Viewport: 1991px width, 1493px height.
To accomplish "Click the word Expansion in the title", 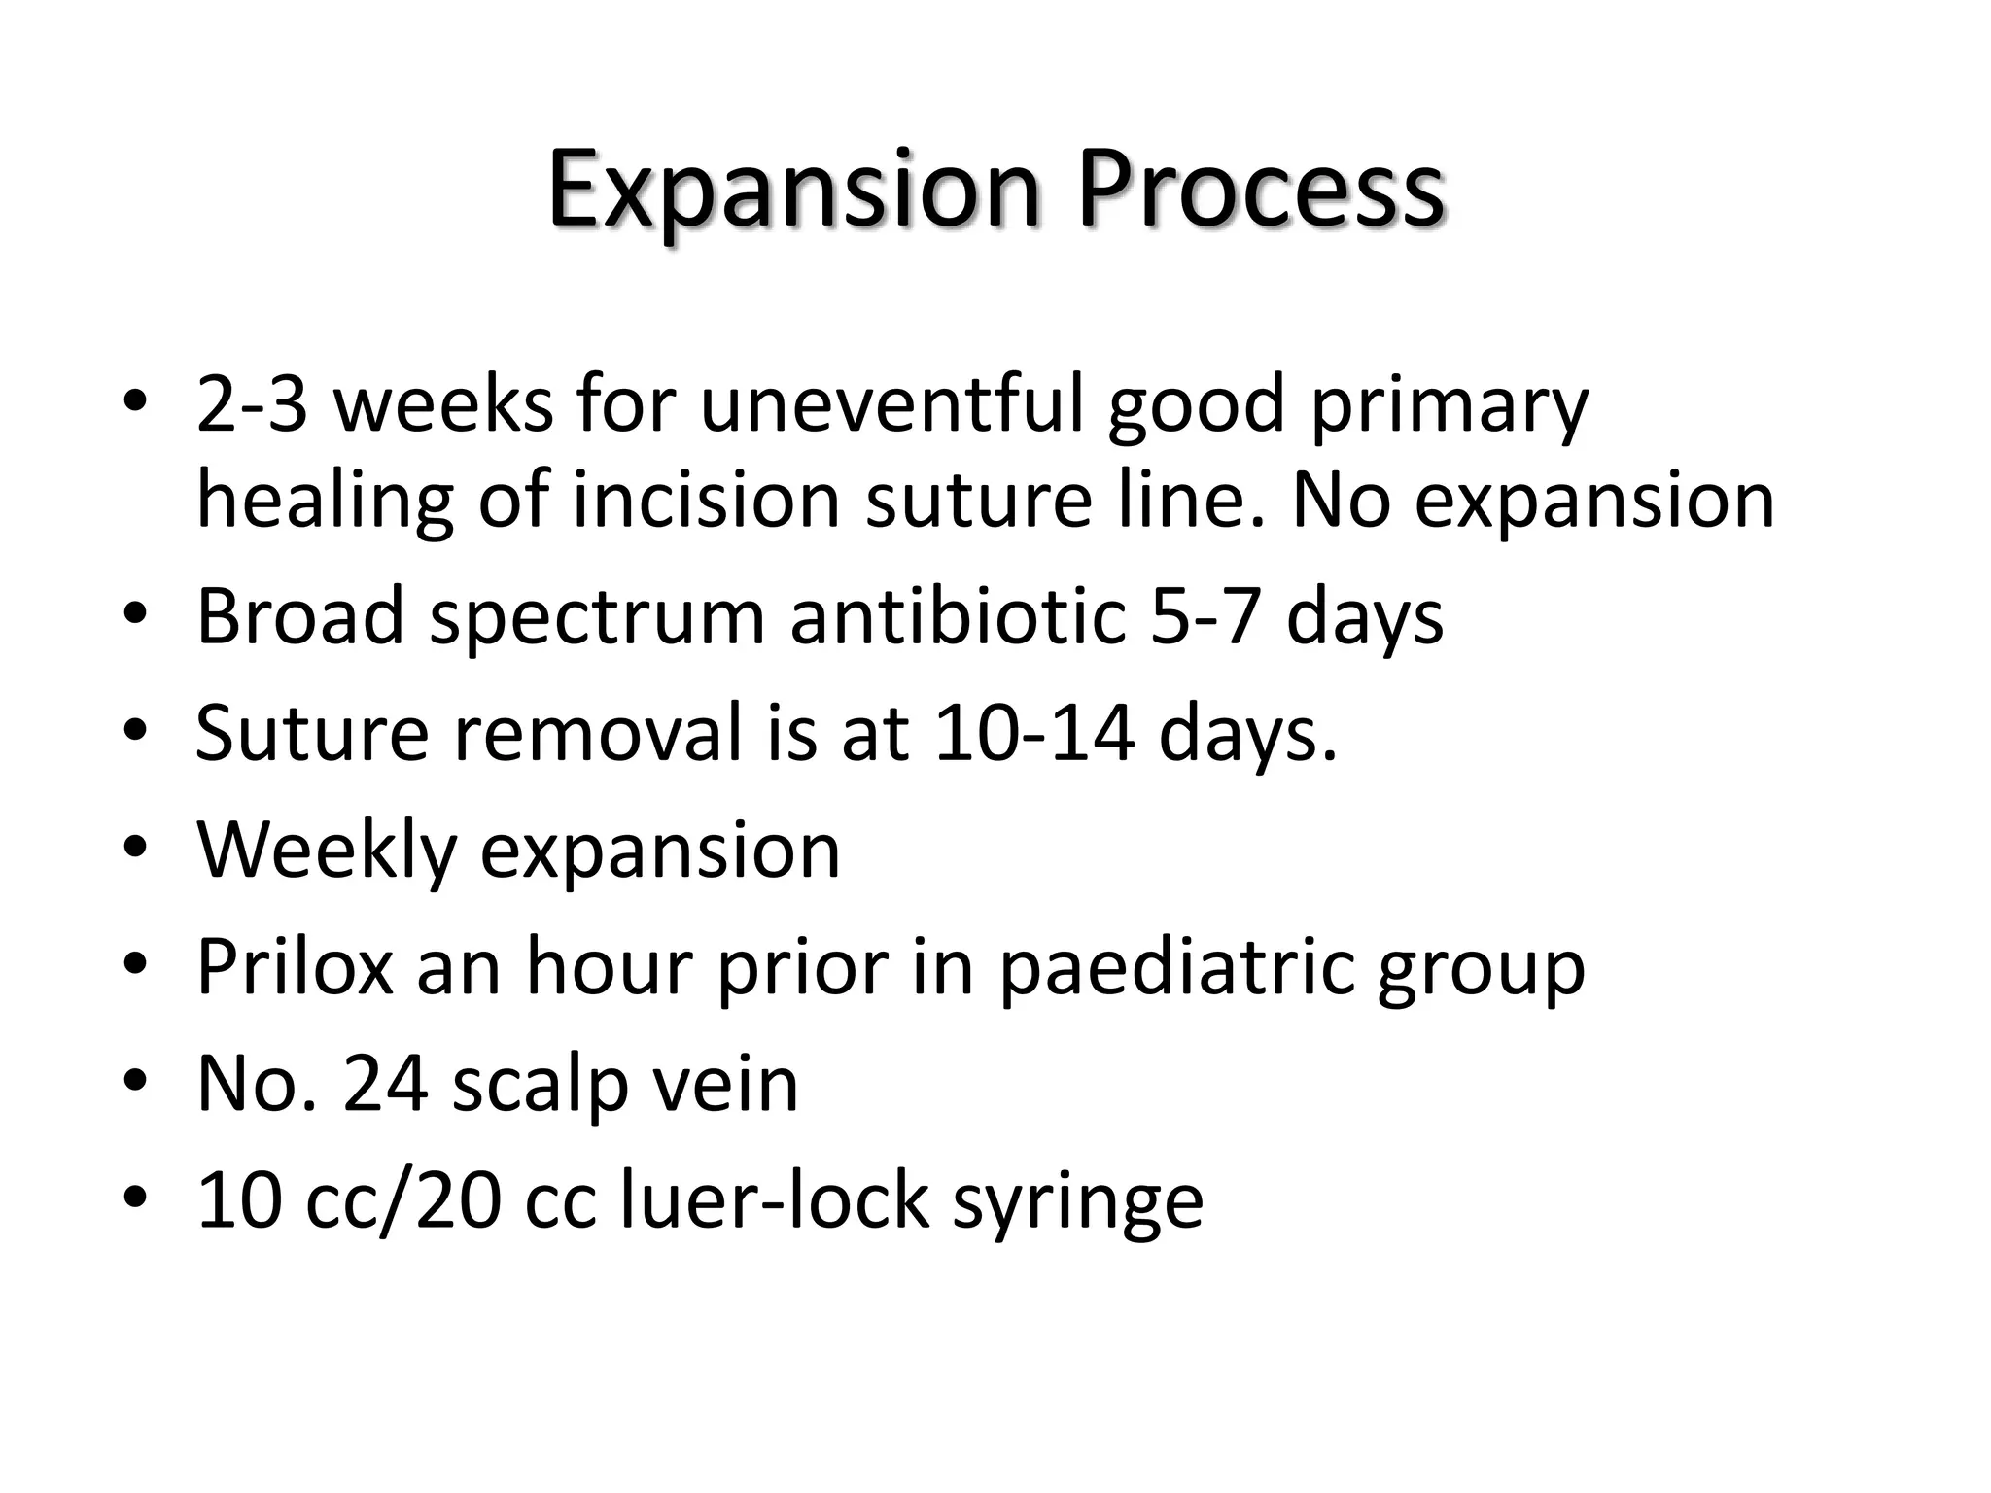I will coord(792,190).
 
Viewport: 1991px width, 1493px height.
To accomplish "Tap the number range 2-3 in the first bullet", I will coord(253,404).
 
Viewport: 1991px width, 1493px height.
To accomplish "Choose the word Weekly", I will coord(326,851).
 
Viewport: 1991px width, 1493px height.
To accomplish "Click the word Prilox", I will coord(295,967).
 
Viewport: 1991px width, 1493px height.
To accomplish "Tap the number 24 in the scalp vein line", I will coord(385,1084).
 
